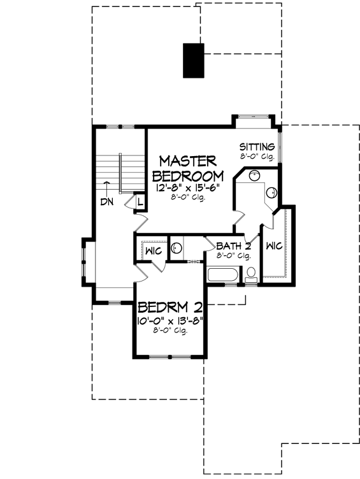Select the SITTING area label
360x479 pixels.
click(x=257, y=147)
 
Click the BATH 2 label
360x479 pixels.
click(x=233, y=246)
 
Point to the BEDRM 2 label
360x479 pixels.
click(x=167, y=306)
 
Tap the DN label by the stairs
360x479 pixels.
click(x=106, y=203)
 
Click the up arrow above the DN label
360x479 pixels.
click(x=107, y=185)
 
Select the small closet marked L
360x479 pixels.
click(x=139, y=201)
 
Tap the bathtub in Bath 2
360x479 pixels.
click(x=223, y=276)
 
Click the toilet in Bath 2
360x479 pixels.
click(x=252, y=275)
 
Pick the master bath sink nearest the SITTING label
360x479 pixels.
click(x=253, y=176)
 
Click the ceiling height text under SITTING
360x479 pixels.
click(x=257, y=156)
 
